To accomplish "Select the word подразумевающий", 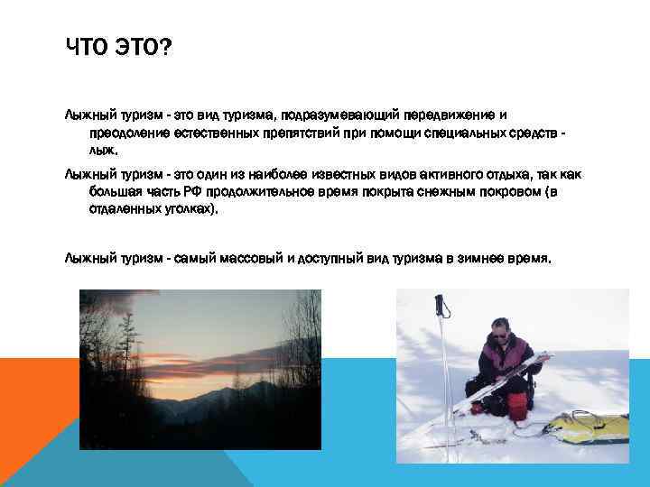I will [x=339, y=116].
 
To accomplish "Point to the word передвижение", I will [x=449, y=116].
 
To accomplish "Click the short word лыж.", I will [x=102, y=152].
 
